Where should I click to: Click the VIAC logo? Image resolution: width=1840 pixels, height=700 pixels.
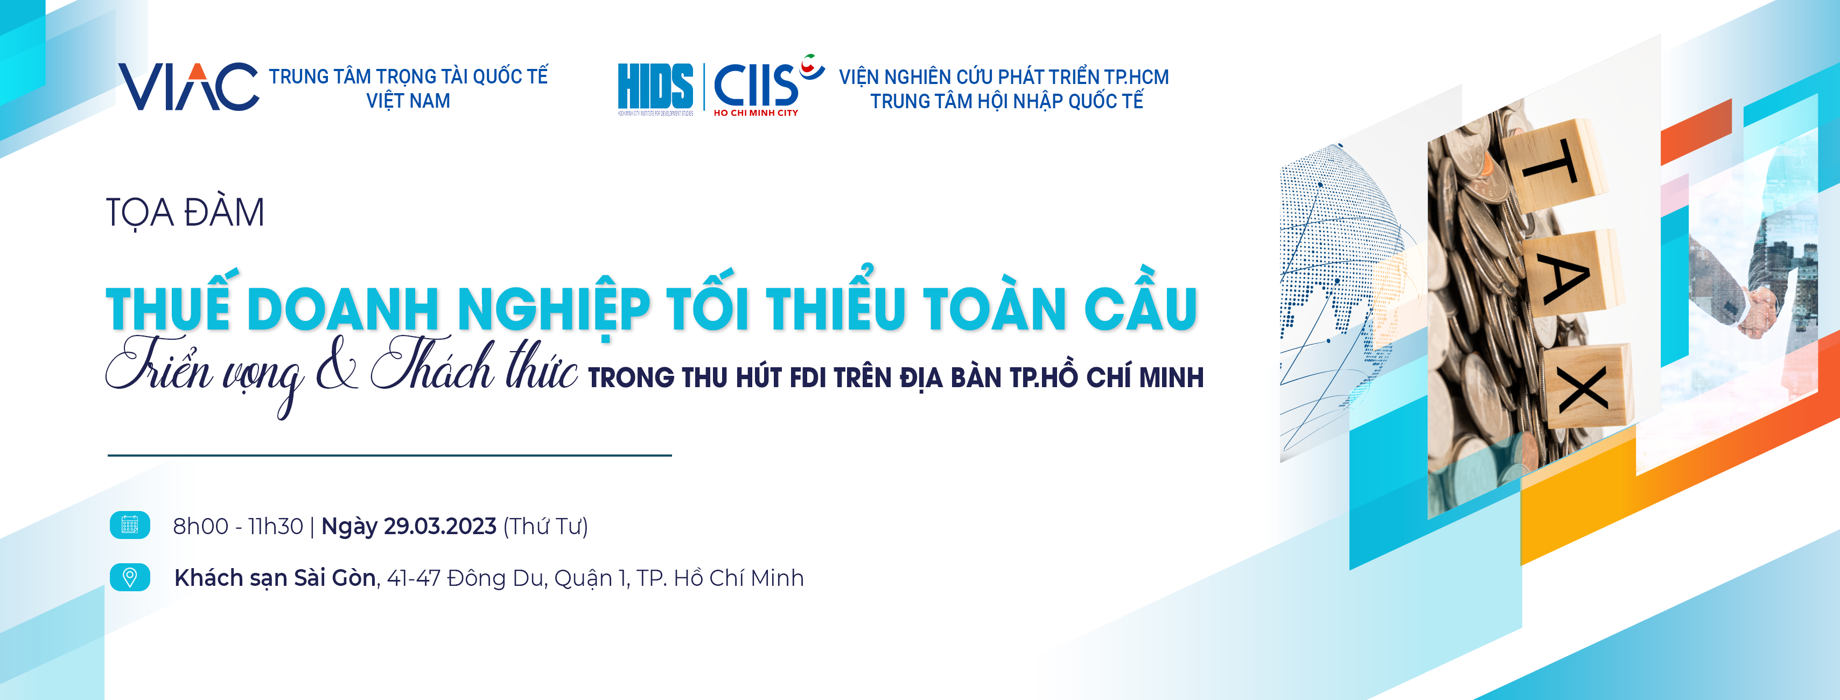tap(188, 87)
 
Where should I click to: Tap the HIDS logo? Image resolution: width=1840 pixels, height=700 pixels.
tap(655, 88)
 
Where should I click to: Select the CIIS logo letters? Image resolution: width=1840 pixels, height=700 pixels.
tap(755, 85)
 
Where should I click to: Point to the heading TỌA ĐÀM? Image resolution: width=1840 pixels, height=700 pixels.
tap(185, 213)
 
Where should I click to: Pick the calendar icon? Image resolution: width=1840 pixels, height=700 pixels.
tap(130, 525)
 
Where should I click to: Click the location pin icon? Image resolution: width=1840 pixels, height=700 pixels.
tap(130, 577)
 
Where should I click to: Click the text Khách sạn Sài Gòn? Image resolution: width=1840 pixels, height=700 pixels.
tap(275, 578)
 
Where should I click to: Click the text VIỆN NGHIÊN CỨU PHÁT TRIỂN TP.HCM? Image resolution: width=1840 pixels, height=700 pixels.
tap(1004, 76)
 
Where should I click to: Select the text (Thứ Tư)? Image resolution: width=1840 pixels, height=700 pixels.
tap(545, 527)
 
